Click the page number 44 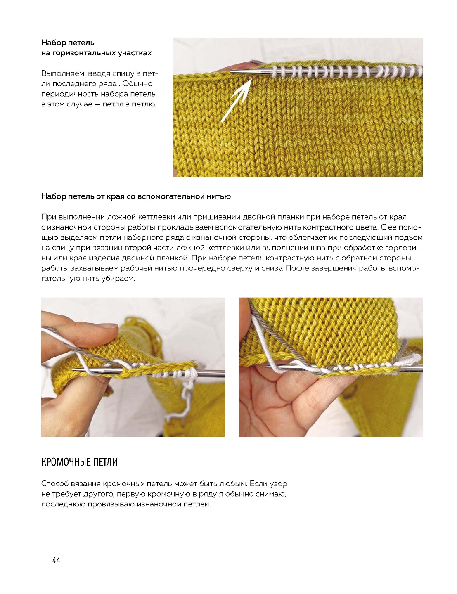[x=56, y=560]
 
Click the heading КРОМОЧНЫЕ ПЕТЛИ [x=79, y=461]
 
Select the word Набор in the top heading [x=53, y=43]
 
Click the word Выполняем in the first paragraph [x=63, y=73]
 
